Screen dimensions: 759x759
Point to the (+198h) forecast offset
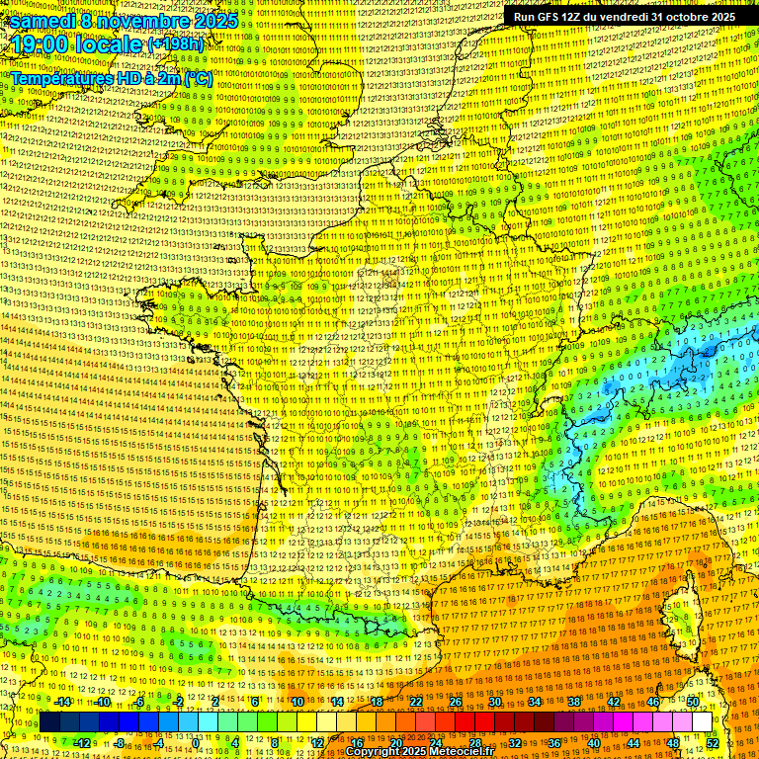(x=176, y=44)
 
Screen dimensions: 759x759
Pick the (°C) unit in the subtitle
(x=197, y=78)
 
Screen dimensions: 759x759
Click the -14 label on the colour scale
(x=62, y=702)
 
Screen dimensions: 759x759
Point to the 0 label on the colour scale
(x=196, y=742)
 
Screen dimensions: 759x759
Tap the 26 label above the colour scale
(x=456, y=702)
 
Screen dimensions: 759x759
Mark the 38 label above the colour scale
(x=573, y=702)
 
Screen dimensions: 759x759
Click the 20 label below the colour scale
(x=395, y=742)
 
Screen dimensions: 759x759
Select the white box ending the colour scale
(x=703, y=722)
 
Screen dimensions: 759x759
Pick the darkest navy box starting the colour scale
(x=49, y=722)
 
